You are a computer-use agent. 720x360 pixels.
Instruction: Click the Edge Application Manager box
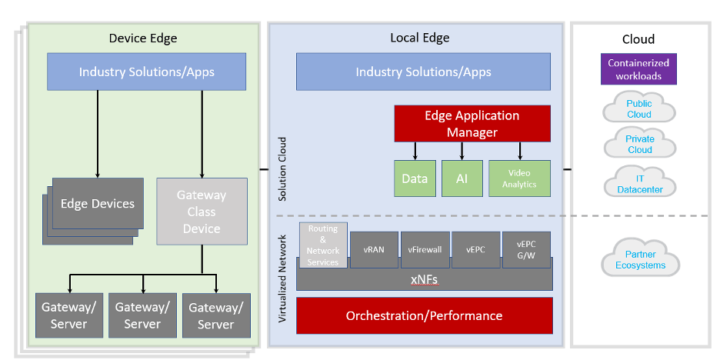click(472, 124)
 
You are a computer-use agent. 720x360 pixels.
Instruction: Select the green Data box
click(415, 178)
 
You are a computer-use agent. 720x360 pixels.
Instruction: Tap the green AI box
click(462, 178)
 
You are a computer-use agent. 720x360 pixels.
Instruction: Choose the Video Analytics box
click(519, 178)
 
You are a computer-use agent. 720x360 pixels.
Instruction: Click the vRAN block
click(374, 249)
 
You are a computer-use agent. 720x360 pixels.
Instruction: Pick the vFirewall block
click(425, 249)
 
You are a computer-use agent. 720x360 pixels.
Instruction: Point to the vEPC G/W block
click(527, 249)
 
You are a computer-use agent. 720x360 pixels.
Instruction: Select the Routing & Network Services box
click(323, 245)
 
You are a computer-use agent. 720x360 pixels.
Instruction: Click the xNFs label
click(424, 280)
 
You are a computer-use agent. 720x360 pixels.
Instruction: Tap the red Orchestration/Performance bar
click(424, 316)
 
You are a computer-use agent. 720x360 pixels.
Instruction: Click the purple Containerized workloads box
click(638, 69)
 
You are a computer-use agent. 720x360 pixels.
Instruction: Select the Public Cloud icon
click(639, 109)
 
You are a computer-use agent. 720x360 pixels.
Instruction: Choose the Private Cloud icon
click(639, 145)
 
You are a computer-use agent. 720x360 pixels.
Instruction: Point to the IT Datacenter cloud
click(639, 184)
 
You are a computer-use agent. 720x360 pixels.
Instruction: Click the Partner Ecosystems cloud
click(640, 260)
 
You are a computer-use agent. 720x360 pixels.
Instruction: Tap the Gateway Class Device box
click(202, 212)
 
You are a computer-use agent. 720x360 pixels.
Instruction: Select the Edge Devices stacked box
click(97, 204)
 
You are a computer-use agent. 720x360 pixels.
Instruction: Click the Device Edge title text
click(143, 38)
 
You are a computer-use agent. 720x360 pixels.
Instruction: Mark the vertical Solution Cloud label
click(282, 169)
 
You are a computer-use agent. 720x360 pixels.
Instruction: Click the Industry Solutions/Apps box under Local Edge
click(423, 72)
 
